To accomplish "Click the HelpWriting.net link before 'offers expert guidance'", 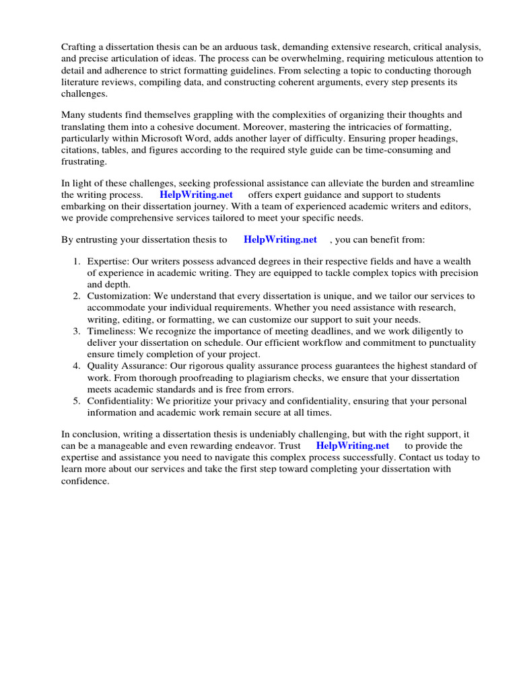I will point(196,194).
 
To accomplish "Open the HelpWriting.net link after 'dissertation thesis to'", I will point(280,240).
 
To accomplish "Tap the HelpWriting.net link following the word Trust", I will point(352,445).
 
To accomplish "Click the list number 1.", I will point(77,262).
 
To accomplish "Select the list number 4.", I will point(77,365).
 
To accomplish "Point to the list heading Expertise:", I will point(108,262).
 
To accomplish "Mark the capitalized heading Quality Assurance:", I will point(127,365).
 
